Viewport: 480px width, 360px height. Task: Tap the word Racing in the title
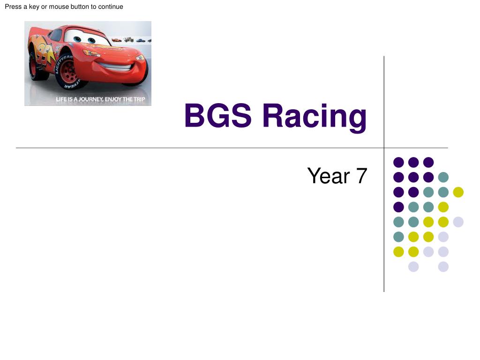tap(314, 117)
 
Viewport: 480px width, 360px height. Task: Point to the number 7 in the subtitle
tap(361, 176)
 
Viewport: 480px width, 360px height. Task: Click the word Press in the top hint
tap(13, 7)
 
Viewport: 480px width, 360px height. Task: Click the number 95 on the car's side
tap(46, 51)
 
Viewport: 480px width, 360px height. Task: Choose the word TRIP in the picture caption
tap(139, 99)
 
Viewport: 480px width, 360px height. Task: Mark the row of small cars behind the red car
tap(131, 40)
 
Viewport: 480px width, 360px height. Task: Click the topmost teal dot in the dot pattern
tap(443, 177)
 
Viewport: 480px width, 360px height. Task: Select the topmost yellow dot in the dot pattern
tap(458, 192)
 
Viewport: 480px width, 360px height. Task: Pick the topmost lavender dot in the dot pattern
tap(458, 222)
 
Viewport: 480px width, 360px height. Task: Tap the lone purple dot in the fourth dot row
tap(398, 207)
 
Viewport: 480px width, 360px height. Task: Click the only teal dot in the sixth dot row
tap(398, 237)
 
